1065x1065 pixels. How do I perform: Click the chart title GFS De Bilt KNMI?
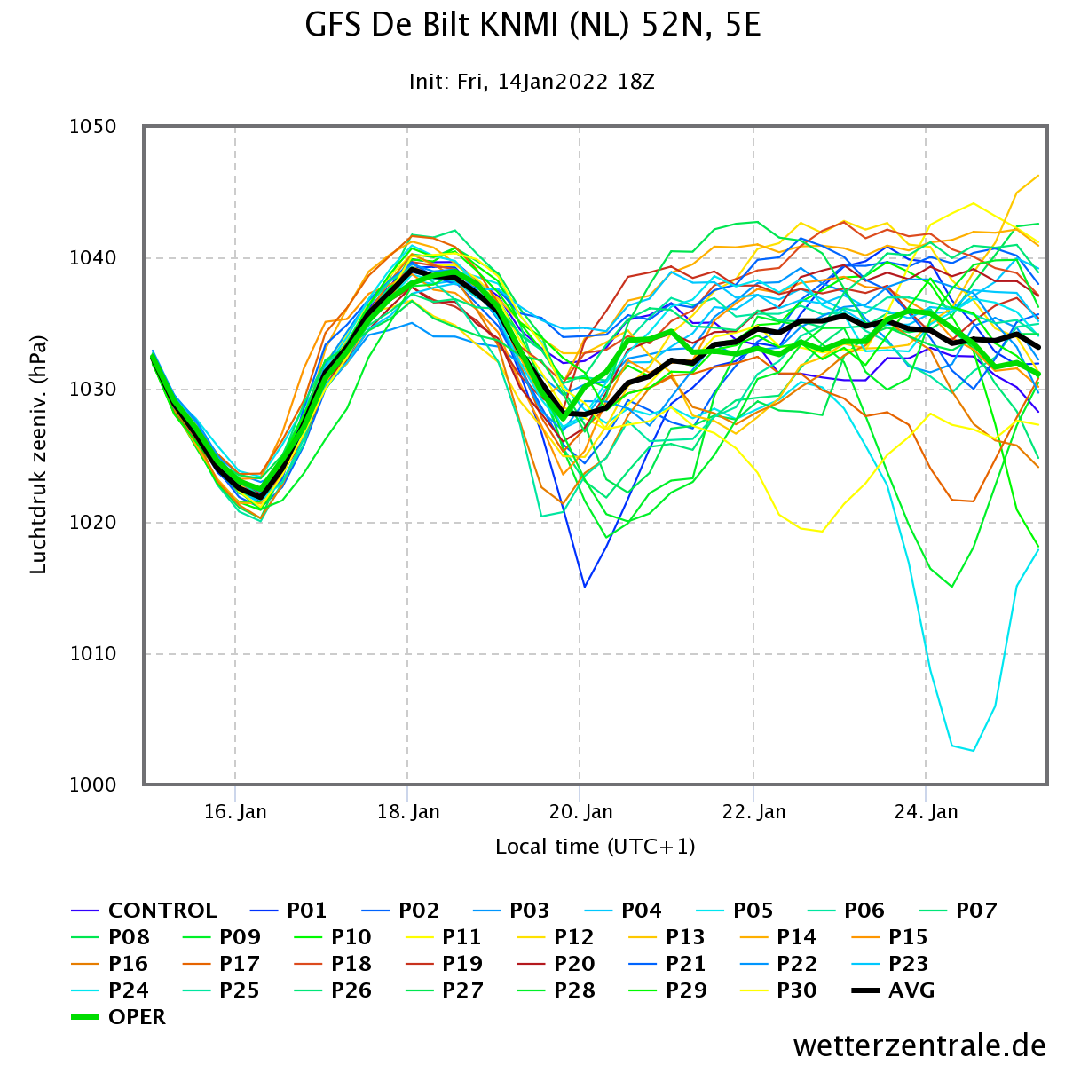[x=532, y=26]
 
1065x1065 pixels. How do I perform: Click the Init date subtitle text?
[x=532, y=83]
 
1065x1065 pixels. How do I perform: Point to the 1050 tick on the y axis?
[x=93, y=127]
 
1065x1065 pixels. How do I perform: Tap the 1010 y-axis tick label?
[x=93, y=654]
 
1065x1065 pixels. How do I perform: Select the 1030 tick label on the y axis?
[x=93, y=390]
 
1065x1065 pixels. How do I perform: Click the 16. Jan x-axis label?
[x=235, y=812]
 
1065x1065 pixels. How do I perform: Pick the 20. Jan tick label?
[x=580, y=812]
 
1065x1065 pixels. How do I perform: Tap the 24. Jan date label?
[x=926, y=812]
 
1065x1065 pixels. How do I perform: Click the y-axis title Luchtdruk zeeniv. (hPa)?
[x=38, y=455]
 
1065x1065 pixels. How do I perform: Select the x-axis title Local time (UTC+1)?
[x=595, y=847]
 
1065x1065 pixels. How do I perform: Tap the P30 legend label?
[x=796, y=990]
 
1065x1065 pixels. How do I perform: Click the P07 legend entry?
[x=976, y=911]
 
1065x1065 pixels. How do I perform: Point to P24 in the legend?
[x=129, y=990]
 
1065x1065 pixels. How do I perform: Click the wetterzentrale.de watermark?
[x=919, y=1045]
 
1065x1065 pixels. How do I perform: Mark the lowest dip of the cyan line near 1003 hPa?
[x=974, y=751]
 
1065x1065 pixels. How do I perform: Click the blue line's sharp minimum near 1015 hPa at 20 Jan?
[x=585, y=587]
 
